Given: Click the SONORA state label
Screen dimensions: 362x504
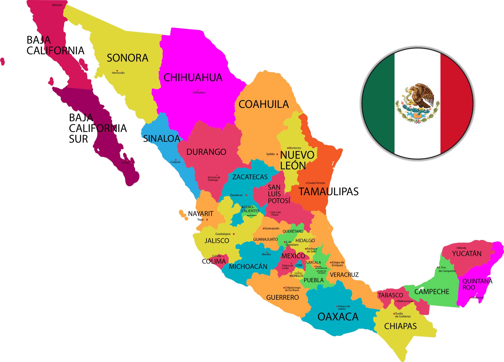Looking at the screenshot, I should [128, 58].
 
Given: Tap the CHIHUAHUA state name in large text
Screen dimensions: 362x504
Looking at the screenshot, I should [193, 78].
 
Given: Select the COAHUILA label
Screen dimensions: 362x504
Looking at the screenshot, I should [264, 104].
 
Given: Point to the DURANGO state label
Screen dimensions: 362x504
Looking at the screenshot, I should [206, 152].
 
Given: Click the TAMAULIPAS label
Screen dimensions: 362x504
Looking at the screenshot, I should [328, 192].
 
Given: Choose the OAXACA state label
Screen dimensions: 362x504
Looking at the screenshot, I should [338, 317].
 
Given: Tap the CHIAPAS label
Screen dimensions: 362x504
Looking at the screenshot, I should [400, 326].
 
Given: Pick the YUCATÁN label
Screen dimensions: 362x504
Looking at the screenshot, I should [467, 254].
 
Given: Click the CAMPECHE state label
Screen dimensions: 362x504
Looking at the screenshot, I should [432, 292].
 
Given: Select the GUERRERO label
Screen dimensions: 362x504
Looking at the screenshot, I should [282, 298].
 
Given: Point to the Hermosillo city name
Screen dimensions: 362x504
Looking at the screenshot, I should [118, 73].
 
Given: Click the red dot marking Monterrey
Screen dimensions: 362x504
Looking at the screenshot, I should [288, 148].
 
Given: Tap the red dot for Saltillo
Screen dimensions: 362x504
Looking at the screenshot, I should [277, 154].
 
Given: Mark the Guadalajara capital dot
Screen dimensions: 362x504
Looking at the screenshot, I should [234, 234].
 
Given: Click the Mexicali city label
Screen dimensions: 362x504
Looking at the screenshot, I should [57, 5].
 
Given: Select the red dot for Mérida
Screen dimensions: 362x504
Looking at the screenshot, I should [457, 248].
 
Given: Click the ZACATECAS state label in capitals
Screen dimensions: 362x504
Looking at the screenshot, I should [250, 177].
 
